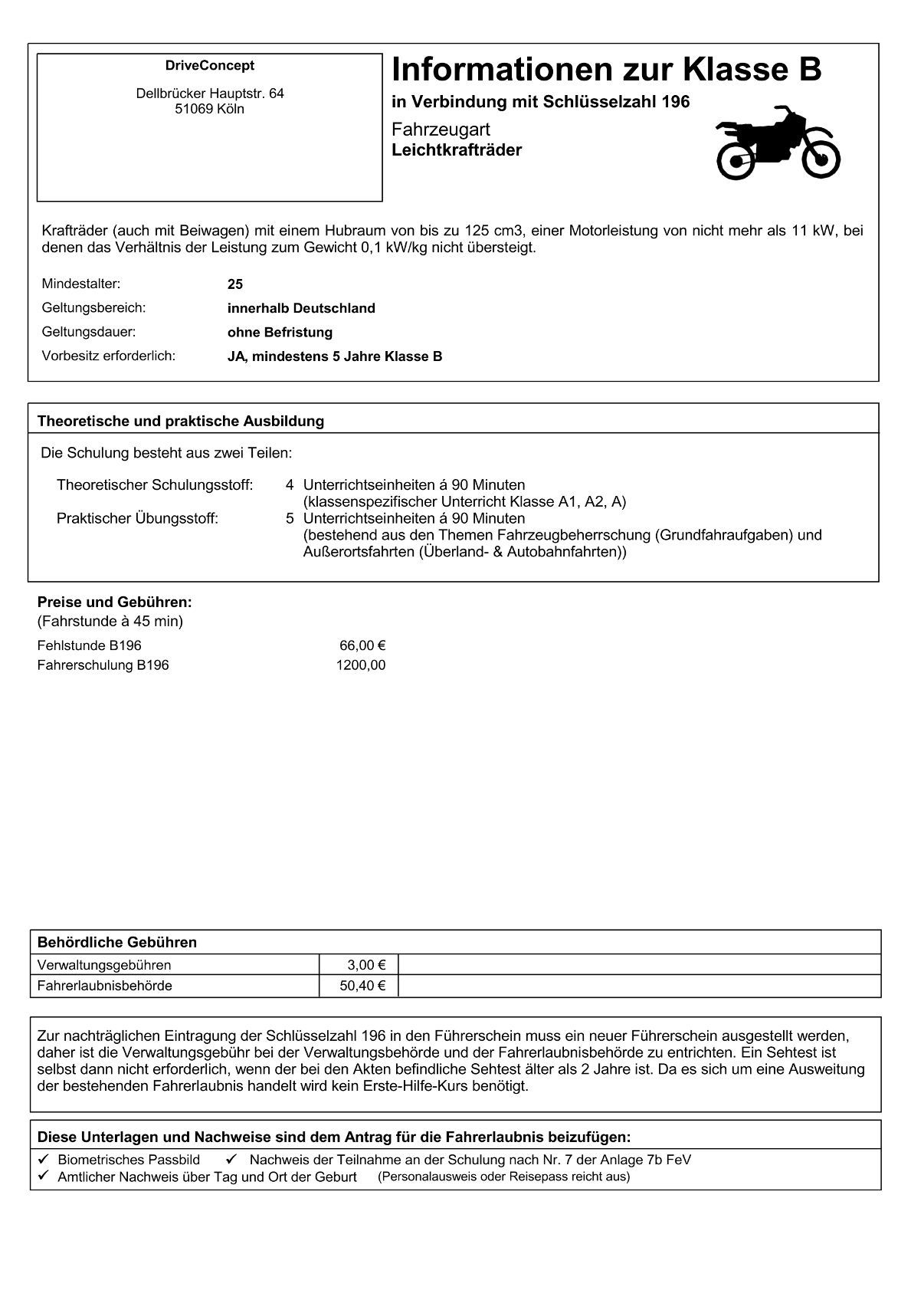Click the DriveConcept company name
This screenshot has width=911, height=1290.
pyautogui.click(x=209, y=66)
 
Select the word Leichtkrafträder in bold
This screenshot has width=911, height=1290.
pyautogui.click(x=457, y=150)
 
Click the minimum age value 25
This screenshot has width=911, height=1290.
pyautogui.click(x=235, y=284)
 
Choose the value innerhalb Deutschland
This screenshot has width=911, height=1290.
pyautogui.click(x=301, y=308)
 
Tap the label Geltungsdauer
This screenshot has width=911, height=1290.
pyautogui.click(x=88, y=332)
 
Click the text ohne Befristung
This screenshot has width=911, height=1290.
pyautogui.click(x=280, y=333)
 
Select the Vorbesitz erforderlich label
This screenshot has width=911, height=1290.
pyautogui.click(x=109, y=356)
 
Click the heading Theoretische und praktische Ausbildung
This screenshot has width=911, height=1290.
pyautogui.click(x=181, y=421)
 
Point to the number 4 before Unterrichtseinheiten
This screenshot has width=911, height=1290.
pyautogui.click(x=290, y=484)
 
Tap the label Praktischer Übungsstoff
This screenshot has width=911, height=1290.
pyautogui.click(x=137, y=518)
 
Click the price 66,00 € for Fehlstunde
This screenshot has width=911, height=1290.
pyautogui.click(x=362, y=645)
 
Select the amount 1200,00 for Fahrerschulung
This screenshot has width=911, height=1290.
pyautogui.click(x=361, y=665)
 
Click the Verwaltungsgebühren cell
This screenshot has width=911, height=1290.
pyautogui.click(x=104, y=965)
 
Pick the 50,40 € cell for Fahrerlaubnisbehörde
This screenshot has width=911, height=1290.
pyautogui.click(x=362, y=986)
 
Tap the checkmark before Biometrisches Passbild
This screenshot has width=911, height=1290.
pyautogui.click(x=44, y=1159)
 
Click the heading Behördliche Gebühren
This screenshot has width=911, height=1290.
pyautogui.click(x=117, y=942)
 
